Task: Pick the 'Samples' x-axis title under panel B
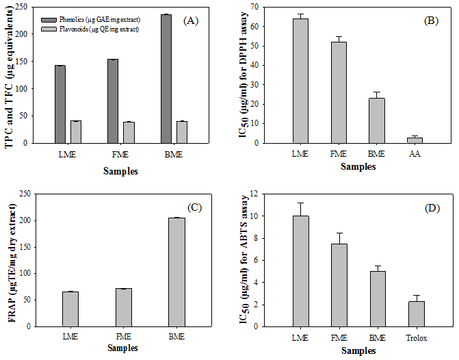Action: pyautogui.click(x=358, y=166)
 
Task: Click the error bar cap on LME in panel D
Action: pyautogui.click(x=300, y=203)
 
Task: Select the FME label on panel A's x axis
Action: pyautogui.click(x=120, y=155)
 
